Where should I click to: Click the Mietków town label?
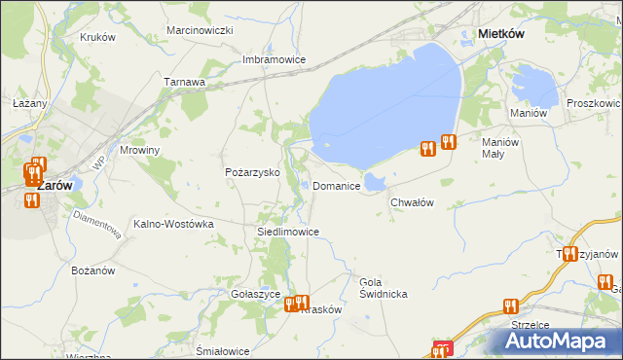pos(502,33)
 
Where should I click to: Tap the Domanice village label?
pos(337,186)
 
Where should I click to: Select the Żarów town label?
pos(54,185)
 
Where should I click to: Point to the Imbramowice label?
pos(274,59)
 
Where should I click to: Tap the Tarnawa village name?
pos(184,83)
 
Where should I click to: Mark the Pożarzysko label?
pos(252,172)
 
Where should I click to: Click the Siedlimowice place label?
pos(287,233)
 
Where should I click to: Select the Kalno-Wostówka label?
pos(173,224)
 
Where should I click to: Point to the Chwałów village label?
pos(411,202)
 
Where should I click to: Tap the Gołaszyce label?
pos(257,294)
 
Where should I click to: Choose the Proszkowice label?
pos(594,103)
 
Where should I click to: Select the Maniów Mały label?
pos(502,148)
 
